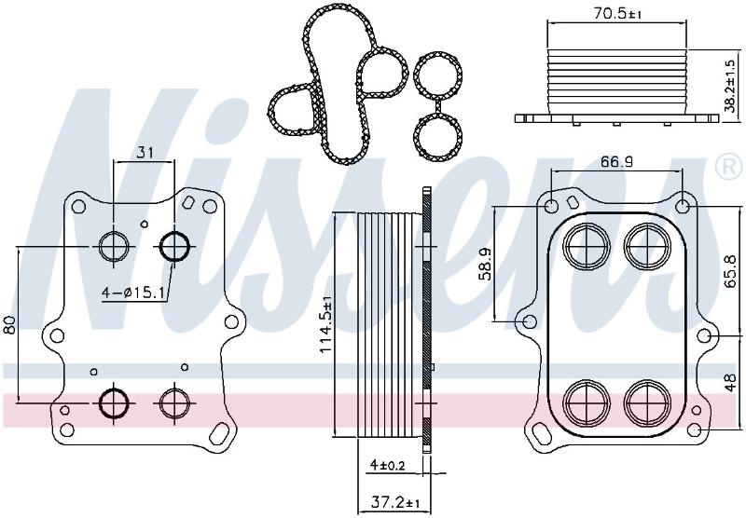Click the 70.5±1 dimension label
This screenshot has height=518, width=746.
coord(617,13)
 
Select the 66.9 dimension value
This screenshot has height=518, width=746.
coord(616,162)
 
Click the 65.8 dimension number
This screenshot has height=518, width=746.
coord(730,271)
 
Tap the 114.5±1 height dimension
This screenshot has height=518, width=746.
coord(325,324)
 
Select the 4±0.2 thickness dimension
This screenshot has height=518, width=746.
coord(387,464)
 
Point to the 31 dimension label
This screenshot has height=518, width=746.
coord(145,153)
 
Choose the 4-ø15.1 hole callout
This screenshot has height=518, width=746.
coord(133,293)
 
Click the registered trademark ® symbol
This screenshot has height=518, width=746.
coord(728,167)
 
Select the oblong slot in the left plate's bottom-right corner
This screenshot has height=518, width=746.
coord(220,433)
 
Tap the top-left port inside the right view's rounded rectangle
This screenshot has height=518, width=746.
coord(587,247)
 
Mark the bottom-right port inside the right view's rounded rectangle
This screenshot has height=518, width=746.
coord(647,403)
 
